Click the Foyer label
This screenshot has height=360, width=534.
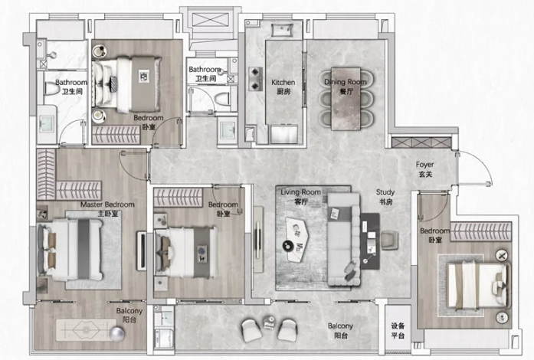pyautogui.click(x=424, y=169)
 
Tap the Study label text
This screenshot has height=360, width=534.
pyautogui.click(x=385, y=197)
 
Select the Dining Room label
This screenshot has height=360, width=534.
pyautogui.click(x=346, y=86)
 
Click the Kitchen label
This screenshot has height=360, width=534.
pyautogui.click(x=283, y=87)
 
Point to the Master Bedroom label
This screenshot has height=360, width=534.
pyautogui.click(x=107, y=209)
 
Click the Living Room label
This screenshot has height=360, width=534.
pyautogui.click(x=300, y=197)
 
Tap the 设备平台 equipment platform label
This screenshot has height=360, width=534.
pyautogui.click(x=398, y=330)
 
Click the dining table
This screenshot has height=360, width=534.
pyautogui.click(x=346, y=99)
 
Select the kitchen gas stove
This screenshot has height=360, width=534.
pyautogui.click(x=255, y=79)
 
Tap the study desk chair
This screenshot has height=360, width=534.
pyautogui.click(x=389, y=240)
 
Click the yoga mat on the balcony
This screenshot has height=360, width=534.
pyautogui.click(x=86, y=329)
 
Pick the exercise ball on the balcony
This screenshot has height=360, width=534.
pyautogui.click(x=116, y=334)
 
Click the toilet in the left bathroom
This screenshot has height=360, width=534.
pyautogui.click(x=51, y=89)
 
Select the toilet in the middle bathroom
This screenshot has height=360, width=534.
pyautogui.click(x=222, y=99)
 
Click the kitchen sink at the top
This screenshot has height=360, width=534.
pyautogui.click(x=282, y=30)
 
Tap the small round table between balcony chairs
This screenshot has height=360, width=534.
pyautogui.click(x=269, y=322)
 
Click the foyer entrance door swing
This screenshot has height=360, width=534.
pyautogui.click(x=476, y=169)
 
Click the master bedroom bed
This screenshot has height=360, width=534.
pyautogui.click(x=70, y=250)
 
